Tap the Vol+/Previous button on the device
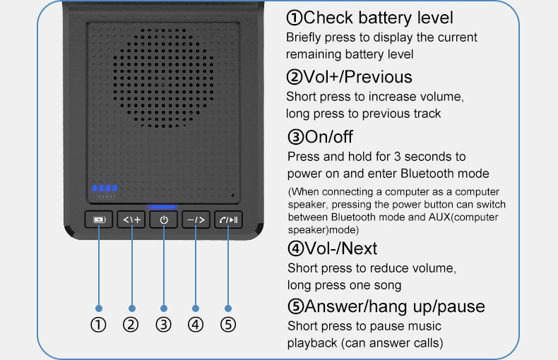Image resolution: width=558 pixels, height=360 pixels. click(131, 220)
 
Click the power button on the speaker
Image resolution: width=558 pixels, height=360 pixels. click(164, 220)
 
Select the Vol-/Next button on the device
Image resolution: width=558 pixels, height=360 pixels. click(196, 220)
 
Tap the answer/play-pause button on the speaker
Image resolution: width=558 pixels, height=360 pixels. click(228, 220)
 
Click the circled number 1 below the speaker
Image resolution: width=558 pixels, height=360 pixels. click(98, 325)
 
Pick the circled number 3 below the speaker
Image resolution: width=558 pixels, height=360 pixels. click(163, 325)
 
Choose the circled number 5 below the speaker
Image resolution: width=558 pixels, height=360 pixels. click(228, 325)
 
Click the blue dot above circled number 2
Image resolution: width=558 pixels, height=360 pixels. click(131, 308)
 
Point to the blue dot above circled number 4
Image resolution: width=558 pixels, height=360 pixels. click(196, 308)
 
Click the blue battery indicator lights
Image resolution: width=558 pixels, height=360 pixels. click(105, 188)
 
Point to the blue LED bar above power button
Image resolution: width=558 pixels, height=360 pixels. click(163, 207)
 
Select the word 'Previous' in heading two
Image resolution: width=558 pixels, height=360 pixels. click(379, 77)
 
